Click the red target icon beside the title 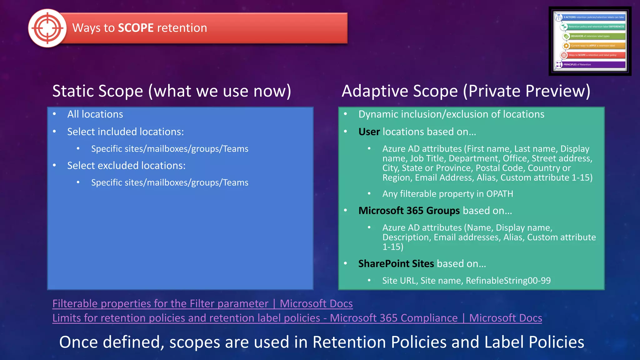[x=47, y=28]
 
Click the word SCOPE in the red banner [x=136, y=28]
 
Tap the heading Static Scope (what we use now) [x=172, y=91]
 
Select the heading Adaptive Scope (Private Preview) [x=466, y=91]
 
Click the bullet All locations [x=95, y=114]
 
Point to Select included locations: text [x=125, y=132]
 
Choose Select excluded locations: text [x=126, y=166]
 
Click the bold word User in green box [x=369, y=132]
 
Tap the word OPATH [x=499, y=194]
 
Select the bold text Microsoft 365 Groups [x=409, y=211]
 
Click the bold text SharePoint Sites [x=396, y=264]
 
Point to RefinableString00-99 [x=508, y=281]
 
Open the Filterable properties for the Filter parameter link [x=202, y=304]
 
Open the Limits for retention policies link [x=297, y=318]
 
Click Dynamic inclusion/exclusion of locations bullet [x=451, y=114]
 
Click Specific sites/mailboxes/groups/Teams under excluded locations [x=170, y=182]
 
